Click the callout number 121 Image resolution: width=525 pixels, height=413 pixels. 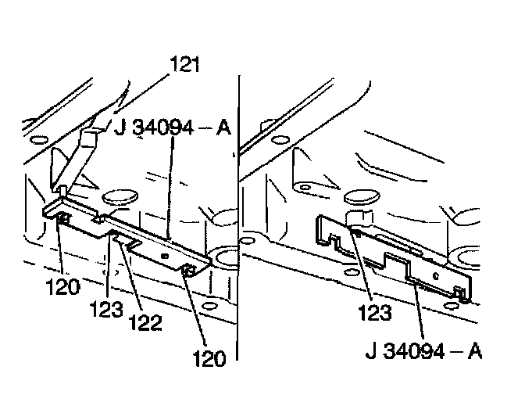[x=184, y=66]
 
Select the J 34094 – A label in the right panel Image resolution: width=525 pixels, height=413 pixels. [x=422, y=348]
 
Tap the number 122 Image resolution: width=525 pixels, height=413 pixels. [x=146, y=322]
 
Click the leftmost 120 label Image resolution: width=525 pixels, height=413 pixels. [x=62, y=286]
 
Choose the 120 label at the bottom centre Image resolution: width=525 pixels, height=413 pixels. [x=207, y=359]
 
